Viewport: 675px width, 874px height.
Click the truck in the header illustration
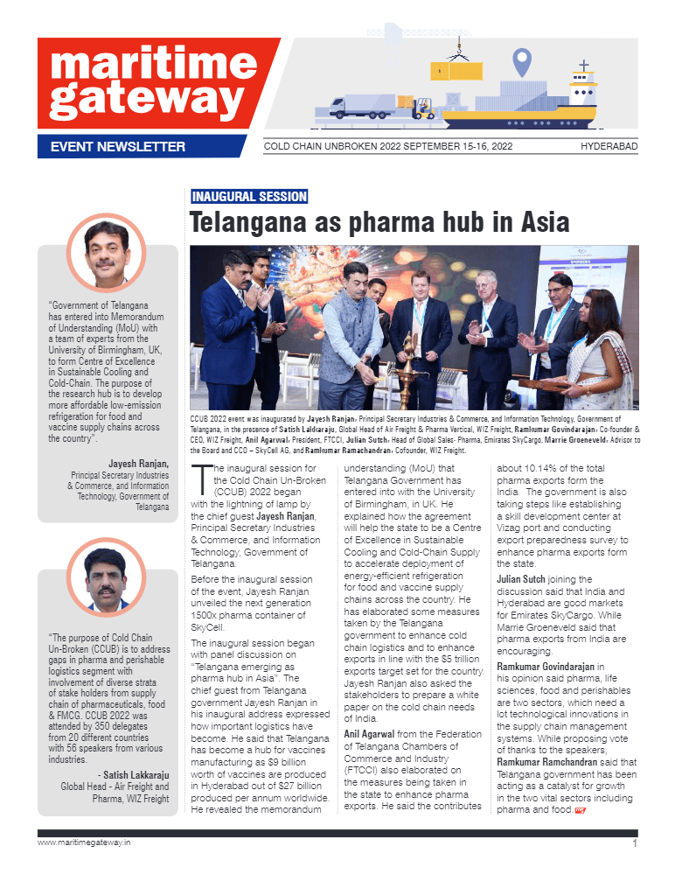point(362,106)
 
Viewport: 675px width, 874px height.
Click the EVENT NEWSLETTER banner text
point(117,146)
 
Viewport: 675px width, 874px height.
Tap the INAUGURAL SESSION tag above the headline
point(248,197)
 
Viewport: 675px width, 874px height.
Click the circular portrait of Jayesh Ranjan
point(107,253)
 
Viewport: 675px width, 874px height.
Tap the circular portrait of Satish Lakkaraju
point(107,577)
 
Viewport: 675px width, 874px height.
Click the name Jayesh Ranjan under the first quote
point(138,463)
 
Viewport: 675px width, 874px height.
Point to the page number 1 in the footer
point(633,844)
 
